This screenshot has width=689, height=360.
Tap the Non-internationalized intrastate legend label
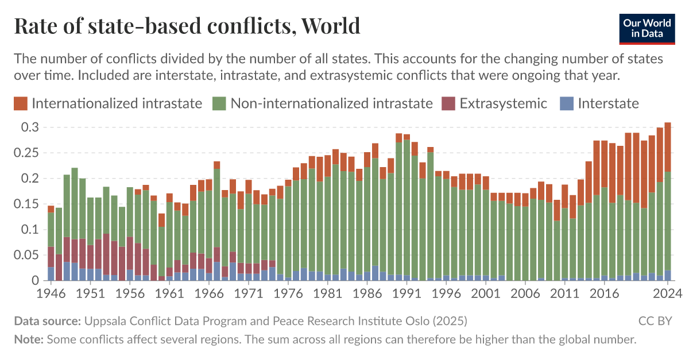tap(331, 103)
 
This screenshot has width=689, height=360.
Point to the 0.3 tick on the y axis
tap(30, 127)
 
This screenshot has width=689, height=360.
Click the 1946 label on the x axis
tap(51, 292)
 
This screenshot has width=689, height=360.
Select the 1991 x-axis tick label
tap(407, 292)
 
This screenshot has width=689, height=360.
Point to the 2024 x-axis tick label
tap(667, 292)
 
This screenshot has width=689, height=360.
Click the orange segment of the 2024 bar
tap(667, 147)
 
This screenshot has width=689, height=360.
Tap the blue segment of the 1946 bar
tap(51, 274)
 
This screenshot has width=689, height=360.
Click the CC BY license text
tap(655, 320)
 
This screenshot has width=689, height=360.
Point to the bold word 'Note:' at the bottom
tap(29, 339)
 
